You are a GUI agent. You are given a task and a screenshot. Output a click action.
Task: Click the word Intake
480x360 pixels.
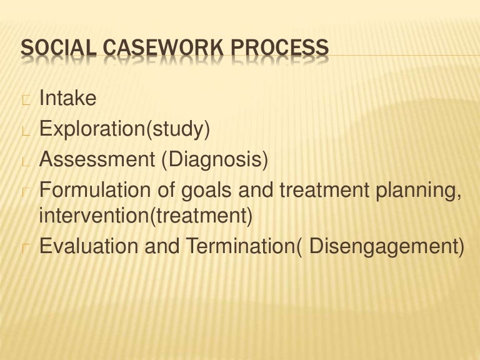(68, 97)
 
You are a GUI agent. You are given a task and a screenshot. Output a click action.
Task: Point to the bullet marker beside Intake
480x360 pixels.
(25, 99)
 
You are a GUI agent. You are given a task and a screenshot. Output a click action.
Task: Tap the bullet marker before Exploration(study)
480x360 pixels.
(25, 130)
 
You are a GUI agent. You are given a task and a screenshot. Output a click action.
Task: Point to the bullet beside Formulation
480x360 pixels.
(25, 191)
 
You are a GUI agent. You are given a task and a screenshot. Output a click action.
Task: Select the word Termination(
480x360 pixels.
(241, 246)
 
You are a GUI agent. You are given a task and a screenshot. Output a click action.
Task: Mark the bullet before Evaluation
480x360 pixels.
(25, 247)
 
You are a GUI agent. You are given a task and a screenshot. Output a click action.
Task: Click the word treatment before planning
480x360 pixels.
(324, 189)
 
